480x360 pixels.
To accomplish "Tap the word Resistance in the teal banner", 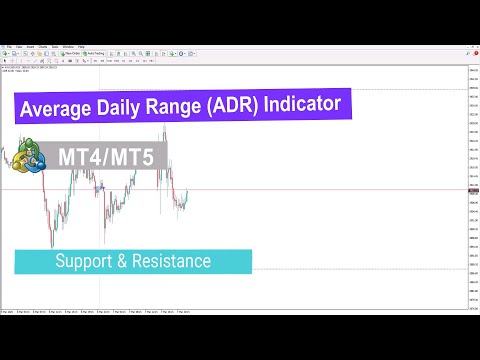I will click(176, 262).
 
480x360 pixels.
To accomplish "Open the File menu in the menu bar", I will click(9, 46).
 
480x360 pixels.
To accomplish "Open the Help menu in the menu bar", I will click(81, 46).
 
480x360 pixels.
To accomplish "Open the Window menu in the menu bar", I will click(68, 46).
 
